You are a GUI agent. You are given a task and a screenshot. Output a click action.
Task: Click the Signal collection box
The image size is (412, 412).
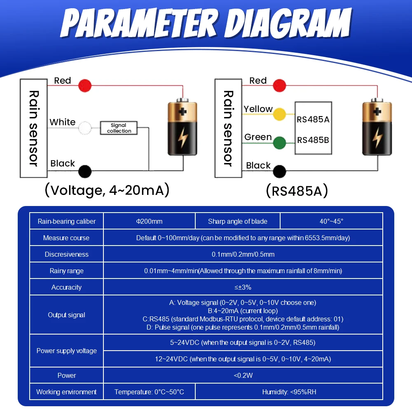pos(119,128)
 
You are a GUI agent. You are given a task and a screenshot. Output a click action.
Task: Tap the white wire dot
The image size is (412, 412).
pos(85,128)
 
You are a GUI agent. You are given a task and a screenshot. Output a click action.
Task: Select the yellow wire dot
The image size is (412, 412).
pos(279,114)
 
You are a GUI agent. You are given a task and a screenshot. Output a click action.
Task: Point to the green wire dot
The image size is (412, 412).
pos(279,143)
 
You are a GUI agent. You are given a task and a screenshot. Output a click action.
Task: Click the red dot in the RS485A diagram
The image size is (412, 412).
pos(279,85)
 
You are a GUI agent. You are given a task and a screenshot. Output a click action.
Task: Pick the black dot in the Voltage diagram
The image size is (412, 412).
pos(85,171)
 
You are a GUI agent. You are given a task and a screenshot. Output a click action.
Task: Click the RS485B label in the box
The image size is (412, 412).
pos(313,140)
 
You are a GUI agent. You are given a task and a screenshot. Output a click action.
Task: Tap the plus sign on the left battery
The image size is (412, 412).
pos(183,112)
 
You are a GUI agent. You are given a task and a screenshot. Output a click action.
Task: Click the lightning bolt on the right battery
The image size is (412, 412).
pos(377,138)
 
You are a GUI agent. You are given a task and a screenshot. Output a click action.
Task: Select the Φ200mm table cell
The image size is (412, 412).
pos(149,221)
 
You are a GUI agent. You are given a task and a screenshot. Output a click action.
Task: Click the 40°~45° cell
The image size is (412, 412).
pos(331,221)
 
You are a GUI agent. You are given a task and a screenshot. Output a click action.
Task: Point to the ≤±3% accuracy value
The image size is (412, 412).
pos(243,287)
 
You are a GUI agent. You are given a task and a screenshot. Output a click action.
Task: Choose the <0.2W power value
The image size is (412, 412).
pos(243,375)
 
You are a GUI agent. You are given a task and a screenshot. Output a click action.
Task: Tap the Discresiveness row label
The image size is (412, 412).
pos(66,254)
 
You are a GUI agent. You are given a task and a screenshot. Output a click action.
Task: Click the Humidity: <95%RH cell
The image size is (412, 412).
pos(289,392)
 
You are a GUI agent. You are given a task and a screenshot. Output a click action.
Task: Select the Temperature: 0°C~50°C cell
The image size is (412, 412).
pos(149,392)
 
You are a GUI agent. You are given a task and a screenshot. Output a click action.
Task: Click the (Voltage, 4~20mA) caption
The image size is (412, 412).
pos(107,190)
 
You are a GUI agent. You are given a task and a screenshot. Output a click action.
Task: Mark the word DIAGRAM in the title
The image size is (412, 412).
pos(288,23)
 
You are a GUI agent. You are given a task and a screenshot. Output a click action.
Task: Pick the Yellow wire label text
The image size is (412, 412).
pos(258,109)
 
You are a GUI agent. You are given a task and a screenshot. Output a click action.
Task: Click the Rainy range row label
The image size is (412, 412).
pos(66,271)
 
